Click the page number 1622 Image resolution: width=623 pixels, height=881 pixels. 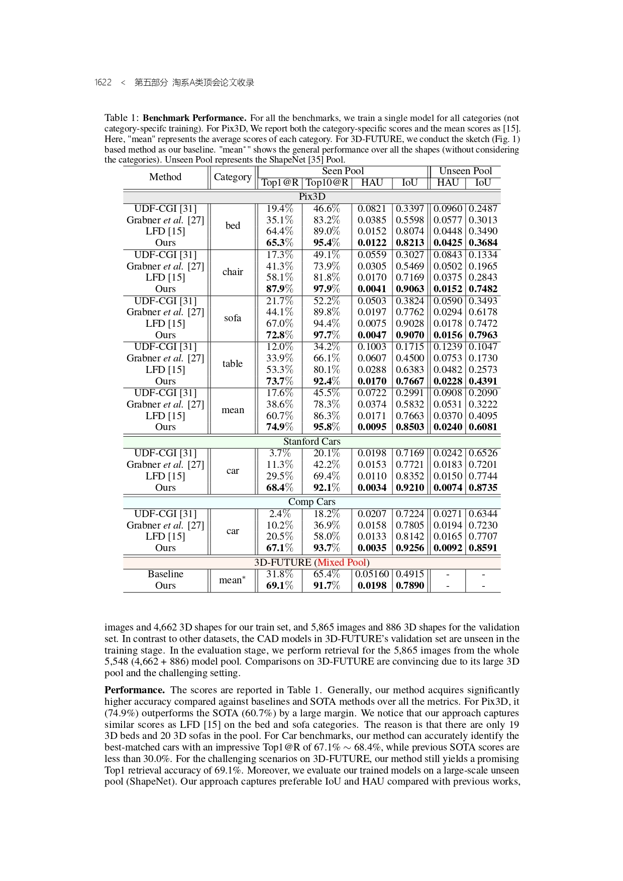[x=103, y=82]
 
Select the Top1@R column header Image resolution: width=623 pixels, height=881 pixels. [x=280, y=183]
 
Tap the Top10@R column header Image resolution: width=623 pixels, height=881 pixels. [x=327, y=183]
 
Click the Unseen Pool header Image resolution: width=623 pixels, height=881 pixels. [x=465, y=171]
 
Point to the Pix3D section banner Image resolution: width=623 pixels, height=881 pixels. [x=312, y=196]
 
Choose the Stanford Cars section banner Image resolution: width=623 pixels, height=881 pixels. [x=312, y=441]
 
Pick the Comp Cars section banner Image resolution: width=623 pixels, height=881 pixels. [x=312, y=501]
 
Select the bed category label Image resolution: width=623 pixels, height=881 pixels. [x=233, y=225]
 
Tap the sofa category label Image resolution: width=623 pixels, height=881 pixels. [x=233, y=318]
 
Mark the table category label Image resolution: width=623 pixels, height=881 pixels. [x=233, y=363]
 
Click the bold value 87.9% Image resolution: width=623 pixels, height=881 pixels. [x=280, y=289]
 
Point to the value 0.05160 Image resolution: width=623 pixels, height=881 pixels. [x=372, y=574]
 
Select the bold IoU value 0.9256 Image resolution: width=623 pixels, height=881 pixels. [x=410, y=548]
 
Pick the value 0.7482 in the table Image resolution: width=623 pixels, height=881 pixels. [x=483, y=289]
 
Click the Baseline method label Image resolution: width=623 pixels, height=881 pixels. [x=165, y=574]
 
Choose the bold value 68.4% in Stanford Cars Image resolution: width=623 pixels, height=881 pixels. [x=280, y=487]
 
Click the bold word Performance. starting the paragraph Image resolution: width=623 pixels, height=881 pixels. [x=135, y=690]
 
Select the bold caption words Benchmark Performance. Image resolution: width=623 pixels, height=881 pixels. [x=194, y=118]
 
